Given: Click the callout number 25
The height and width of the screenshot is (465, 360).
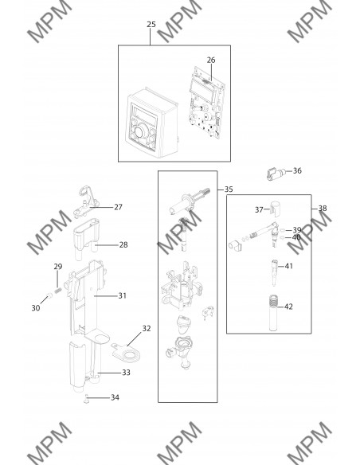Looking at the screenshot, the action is point(151,25).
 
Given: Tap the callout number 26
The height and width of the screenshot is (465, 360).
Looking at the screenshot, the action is point(211,60).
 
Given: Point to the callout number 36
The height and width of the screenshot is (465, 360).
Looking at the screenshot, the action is point(297,170).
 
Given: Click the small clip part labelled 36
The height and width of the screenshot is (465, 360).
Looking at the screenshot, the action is point(276,174).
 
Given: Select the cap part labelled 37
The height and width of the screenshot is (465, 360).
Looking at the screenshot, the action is point(276,209).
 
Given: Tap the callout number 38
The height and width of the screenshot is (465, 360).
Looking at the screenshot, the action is point(323,209).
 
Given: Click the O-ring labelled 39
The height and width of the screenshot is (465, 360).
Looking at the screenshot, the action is point(283,230).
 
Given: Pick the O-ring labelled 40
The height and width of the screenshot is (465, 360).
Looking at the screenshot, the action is point(283,237).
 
